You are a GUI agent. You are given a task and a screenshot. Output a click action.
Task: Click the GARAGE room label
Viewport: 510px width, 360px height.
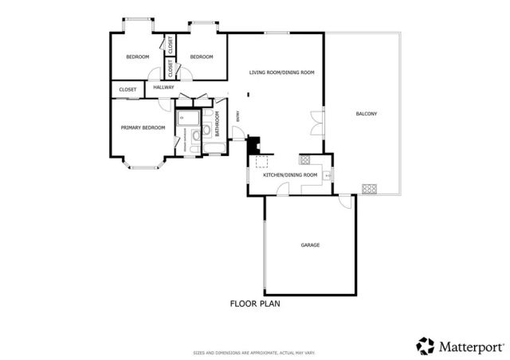pyautogui.click(x=310, y=245)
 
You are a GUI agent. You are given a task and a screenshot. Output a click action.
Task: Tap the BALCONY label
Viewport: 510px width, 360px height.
pyautogui.click(x=366, y=114)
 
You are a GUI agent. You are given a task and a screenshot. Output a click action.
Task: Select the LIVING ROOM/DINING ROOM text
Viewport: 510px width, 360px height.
pyautogui.click(x=281, y=72)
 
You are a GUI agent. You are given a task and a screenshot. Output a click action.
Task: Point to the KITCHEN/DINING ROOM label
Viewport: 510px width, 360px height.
pyautogui.click(x=290, y=174)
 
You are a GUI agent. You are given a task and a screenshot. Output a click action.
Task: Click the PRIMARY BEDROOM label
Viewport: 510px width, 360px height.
pyautogui.click(x=143, y=127)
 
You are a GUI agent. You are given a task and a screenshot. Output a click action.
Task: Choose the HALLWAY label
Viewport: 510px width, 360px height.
pyautogui.click(x=163, y=88)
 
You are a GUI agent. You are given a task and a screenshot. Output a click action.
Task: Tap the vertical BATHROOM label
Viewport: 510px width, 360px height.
pyautogui.click(x=217, y=123)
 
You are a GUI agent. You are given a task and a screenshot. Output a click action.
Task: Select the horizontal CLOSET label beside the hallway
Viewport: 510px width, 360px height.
pyautogui.click(x=127, y=90)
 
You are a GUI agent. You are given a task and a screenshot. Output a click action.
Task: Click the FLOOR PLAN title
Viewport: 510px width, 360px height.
pyautogui.click(x=255, y=303)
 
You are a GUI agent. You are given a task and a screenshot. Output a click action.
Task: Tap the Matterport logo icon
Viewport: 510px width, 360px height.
pyautogui.click(x=425, y=345)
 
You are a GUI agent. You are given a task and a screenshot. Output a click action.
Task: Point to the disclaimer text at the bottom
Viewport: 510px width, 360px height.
pyautogui.click(x=255, y=353)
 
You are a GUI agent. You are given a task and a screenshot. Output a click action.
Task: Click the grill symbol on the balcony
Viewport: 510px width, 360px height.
pyautogui.click(x=369, y=189)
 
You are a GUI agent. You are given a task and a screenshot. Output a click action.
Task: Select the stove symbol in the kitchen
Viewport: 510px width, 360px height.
pyautogui.click(x=304, y=158)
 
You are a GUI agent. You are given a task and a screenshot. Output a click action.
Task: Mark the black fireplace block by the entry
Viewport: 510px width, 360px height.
pyautogui.click(x=253, y=147)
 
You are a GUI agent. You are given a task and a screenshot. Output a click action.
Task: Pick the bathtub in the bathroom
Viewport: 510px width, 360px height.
pyautogui.click(x=190, y=119)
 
